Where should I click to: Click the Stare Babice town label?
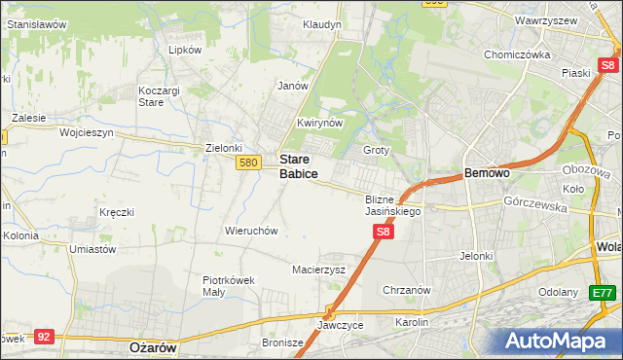pyautogui.click(x=298, y=165)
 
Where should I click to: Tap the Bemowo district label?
pyautogui.click(x=487, y=172)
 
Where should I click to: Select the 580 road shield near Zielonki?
pyautogui.click(x=247, y=163)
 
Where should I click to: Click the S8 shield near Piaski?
pyautogui.click(x=609, y=65)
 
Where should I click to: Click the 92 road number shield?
pyautogui.click(x=43, y=336)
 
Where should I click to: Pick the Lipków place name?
pyautogui.click(x=185, y=49)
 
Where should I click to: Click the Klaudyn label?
pyautogui.click(x=321, y=23)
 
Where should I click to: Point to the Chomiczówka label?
pyautogui.click(x=518, y=54)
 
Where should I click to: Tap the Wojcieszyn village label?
pyautogui.click(x=87, y=131)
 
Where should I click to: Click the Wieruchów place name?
pyautogui.click(x=252, y=232)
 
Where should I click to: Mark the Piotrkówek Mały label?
pyautogui.click(x=229, y=286)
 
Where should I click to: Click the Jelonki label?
pyautogui.click(x=478, y=256)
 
